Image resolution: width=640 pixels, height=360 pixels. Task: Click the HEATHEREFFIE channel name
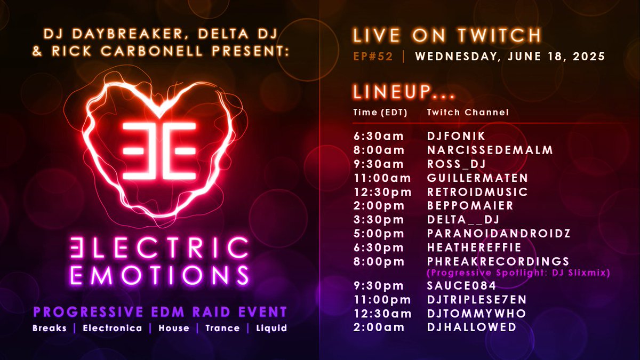click(x=474, y=247)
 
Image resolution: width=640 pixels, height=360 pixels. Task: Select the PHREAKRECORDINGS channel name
click(x=498, y=261)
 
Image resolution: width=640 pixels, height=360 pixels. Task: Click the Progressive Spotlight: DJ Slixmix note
click(x=518, y=273)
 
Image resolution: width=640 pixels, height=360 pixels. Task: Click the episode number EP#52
click(x=373, y=57)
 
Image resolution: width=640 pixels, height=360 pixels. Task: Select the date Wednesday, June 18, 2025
click(x=510, y=57)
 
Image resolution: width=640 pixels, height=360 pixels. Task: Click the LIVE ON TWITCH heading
click(x=447, y=36)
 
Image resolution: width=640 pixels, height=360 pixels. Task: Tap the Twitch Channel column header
click(x=467, y=113)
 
